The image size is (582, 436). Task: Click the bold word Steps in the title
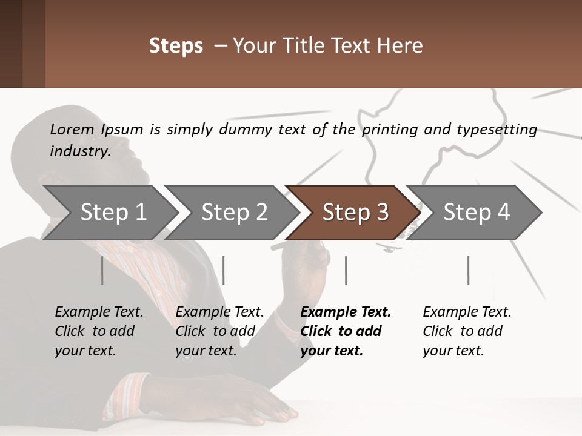pyautogui.click(x=176, y=46)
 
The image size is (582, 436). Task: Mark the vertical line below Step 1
pyautogui.click(x=102, y=270)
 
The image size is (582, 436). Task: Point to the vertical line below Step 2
pyautogui.click(x=224, y=270)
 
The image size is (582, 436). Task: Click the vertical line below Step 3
pyautogui.click(x=346, y=270)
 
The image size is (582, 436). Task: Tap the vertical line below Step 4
pyautogui.click(x=468, y=270)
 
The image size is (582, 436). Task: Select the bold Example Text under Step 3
pyautogui.click(x=346, y=312)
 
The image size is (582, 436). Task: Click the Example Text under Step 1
pyautogui.click(x=99, y=312)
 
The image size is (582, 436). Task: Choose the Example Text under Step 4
pyautogui.click(x=467, y=312)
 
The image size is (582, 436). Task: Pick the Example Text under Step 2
pyautogui.click(x=219, y=312)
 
